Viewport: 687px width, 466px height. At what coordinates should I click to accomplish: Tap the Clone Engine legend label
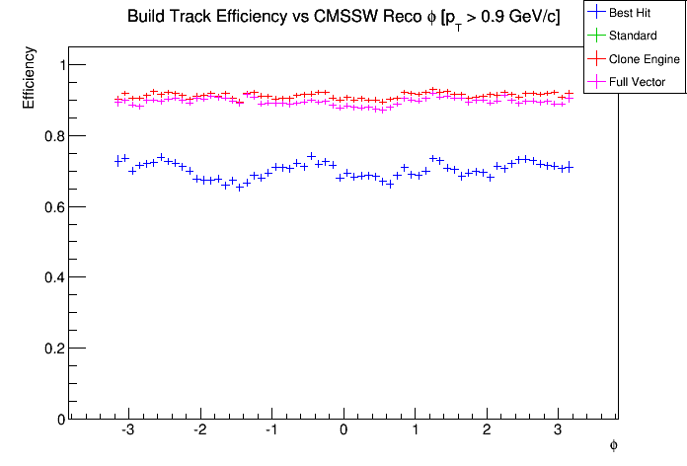(x=646, y=59)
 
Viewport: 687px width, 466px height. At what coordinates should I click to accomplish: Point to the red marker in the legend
(x=597, y=59)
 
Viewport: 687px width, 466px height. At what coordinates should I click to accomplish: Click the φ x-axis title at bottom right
(x=613, y=446)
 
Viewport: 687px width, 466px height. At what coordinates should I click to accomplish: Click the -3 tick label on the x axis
(x=127, y=431)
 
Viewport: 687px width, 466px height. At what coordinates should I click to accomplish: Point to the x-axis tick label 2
(x=487, y=431)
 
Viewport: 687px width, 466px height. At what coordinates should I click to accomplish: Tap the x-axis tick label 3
(x=558, y=431)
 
